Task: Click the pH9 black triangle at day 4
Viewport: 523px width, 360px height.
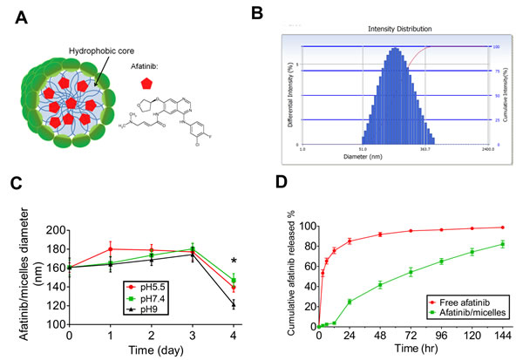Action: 232,303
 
